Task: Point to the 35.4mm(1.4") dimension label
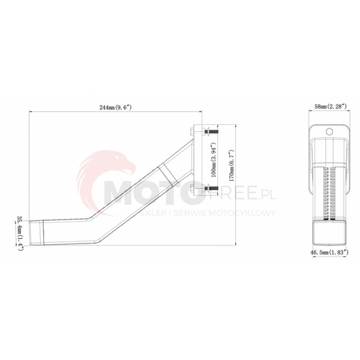pos(20,232)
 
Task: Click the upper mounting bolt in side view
pos(211,131)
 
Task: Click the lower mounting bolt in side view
pos(211,191)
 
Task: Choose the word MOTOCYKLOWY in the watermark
pos(247,213)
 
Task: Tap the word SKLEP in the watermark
pos(161,213)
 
